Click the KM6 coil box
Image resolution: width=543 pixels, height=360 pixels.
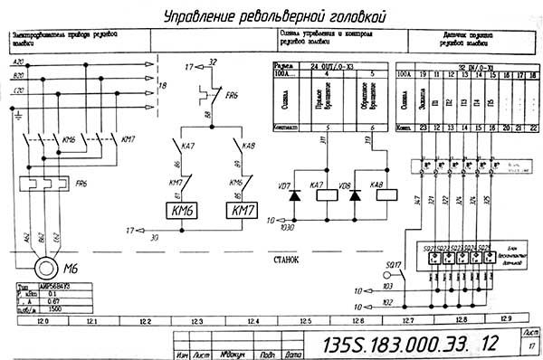tap(186, 210)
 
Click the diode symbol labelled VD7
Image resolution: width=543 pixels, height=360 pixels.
tap(293, 195)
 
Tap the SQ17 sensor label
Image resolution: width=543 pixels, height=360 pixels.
tap(393, 265)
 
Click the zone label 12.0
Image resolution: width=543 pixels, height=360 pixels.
tap(41, 320)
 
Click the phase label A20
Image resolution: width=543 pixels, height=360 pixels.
tap(18, 62)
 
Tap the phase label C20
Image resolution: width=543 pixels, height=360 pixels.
tap(18, 90)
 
